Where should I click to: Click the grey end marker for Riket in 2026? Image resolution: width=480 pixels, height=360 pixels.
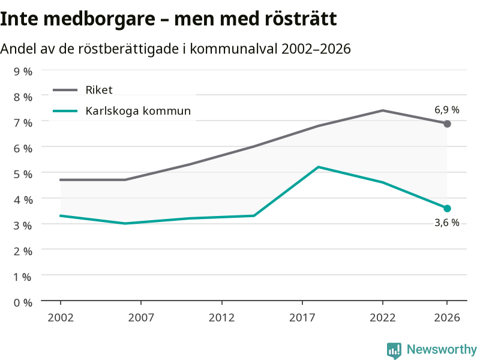click(x=447, y=124)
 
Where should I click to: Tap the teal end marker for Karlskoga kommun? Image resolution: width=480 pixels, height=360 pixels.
click(x=447, y=208)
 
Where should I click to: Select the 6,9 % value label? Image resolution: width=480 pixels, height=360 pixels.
click(x=446, y=110)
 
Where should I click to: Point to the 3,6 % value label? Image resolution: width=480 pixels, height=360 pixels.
click(x=446, y=223)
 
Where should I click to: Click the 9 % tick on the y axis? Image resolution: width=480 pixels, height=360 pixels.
click(x=23, y=71)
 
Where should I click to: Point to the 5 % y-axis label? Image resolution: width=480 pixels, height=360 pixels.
click(x=23, y=174)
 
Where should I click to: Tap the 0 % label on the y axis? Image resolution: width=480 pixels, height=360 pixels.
click(x=23, y=303)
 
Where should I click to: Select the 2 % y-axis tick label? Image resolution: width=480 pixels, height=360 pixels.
click(x=23, y=251)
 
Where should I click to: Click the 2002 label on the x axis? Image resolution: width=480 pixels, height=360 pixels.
click(x=61, y=317)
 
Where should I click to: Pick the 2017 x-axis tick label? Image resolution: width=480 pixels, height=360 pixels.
click(x=302, y=317)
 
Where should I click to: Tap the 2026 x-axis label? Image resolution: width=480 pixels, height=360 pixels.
click(x=447, y=317)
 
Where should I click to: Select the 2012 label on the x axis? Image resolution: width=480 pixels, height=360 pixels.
click(x=221, y=317)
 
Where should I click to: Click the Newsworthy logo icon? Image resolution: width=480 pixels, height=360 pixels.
click(x=394, y=350)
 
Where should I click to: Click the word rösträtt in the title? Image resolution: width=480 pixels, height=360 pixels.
click(x=301, y=19)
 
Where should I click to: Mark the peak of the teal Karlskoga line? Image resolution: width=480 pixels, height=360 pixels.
click(x=319, y=167)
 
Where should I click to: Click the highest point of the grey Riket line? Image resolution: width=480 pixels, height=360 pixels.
click(x=383, y=110)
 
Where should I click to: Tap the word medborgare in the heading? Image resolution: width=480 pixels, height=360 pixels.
click(x=100, y=19)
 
